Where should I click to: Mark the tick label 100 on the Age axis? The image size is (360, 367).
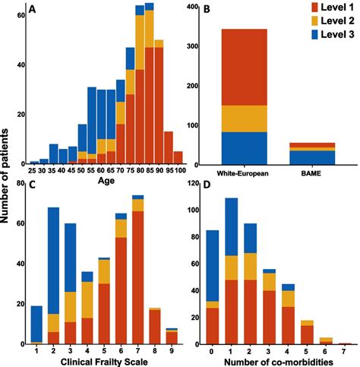pos(178,172)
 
